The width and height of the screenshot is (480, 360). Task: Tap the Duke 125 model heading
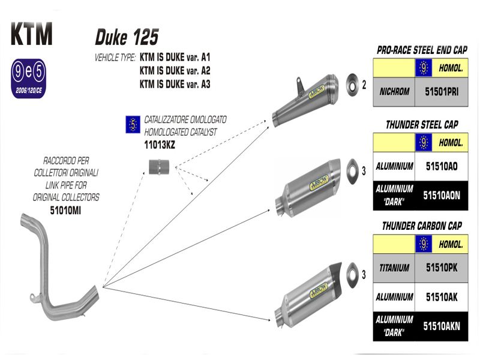tap(127, 37)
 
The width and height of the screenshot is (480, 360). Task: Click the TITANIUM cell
tap(394, 268)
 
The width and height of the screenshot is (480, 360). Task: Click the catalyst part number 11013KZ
tap(147, 145)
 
